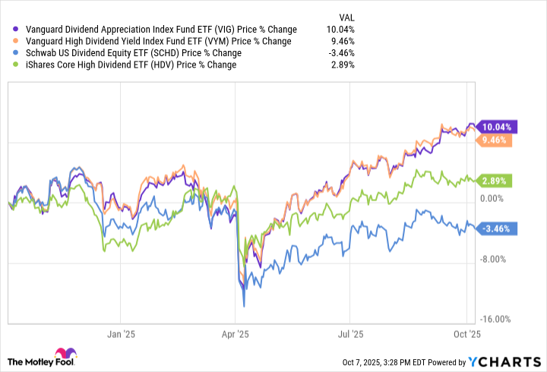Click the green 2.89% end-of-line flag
pyautogui.click(x=495, y=181)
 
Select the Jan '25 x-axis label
pyautogui.click(x=122, y=333)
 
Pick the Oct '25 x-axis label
pyautogui.click(x=466, y=333)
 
